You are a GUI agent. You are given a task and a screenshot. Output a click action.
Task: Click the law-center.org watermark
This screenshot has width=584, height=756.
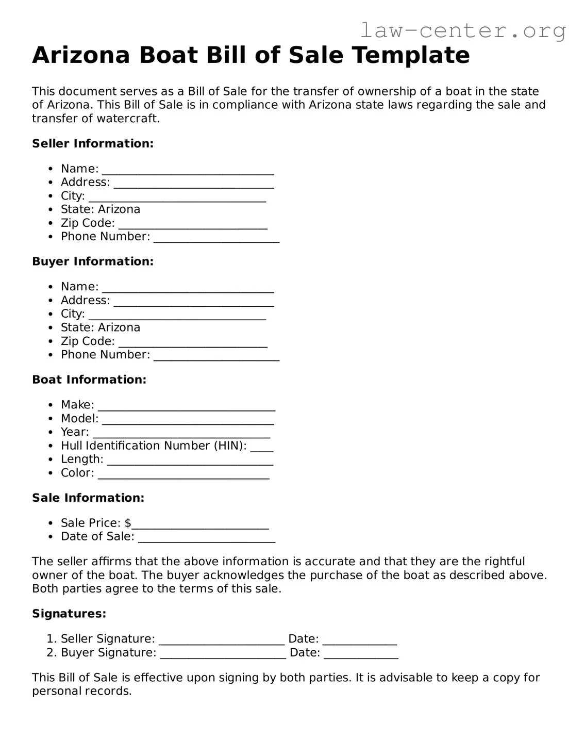point(462,31)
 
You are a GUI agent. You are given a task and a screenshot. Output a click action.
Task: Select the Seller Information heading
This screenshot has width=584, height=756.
point(93,143)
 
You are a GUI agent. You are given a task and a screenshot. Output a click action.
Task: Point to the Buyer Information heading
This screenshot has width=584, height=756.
point(93,261)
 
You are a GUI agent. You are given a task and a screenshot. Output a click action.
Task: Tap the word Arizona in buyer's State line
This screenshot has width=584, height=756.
point(119,327)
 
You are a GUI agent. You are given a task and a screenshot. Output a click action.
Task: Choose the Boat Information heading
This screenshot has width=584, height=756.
point(89,380)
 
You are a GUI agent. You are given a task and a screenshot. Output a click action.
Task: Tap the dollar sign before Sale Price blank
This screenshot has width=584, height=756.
point(128,523)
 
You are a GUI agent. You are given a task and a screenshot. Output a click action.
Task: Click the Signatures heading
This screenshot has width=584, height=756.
point(69,614)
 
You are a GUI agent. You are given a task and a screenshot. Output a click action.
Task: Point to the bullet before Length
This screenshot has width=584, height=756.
point(51,459)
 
